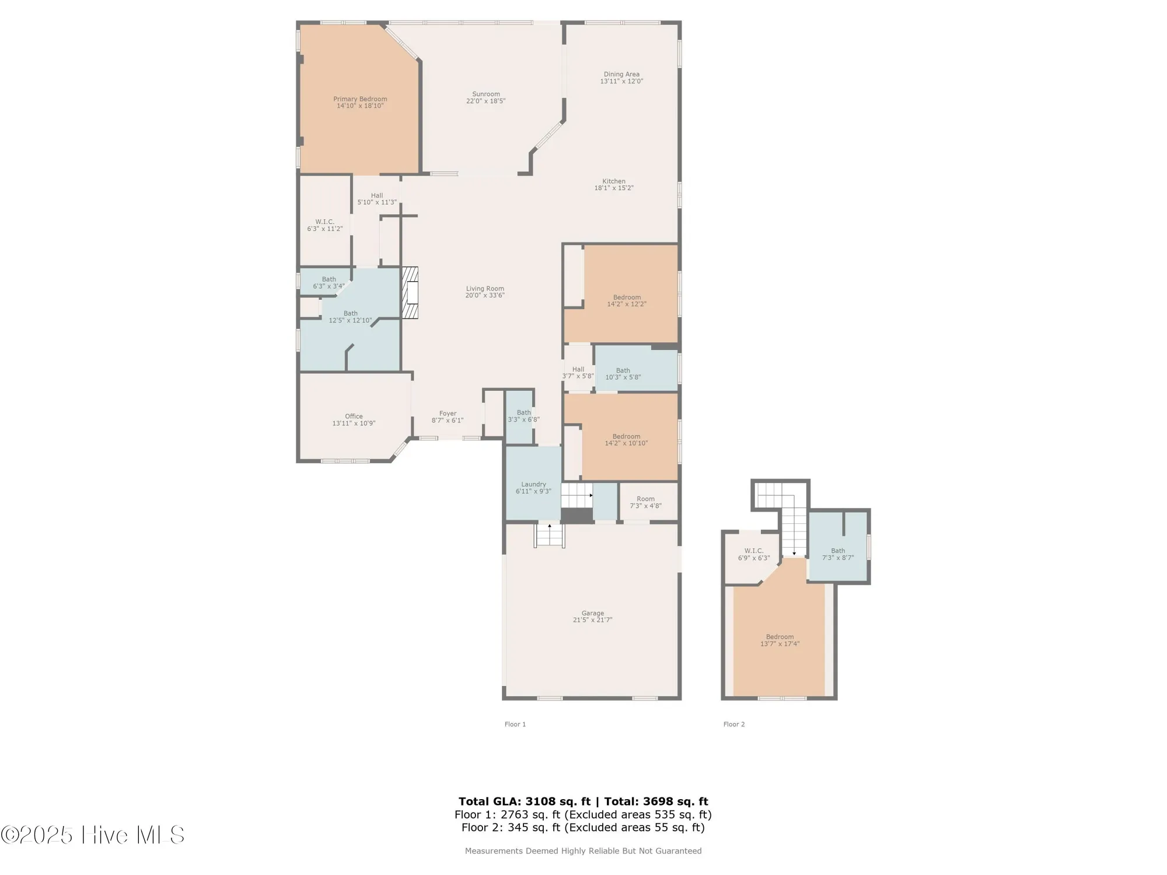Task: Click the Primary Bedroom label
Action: (360, 99)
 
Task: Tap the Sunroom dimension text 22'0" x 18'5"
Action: (485, 101)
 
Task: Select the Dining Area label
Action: (621, 74)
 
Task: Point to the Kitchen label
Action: (614, 181)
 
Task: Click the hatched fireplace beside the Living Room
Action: (410, 293)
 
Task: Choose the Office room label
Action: (354, 416)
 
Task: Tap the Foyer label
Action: (448, 414)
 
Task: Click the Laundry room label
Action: (533, 484)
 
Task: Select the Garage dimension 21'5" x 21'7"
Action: (592, 620)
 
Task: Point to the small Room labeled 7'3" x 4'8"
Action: (645, 502)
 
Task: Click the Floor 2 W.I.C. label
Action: (754, 551)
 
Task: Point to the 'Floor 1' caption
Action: (515, 724)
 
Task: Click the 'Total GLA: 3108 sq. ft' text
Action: (524, 801)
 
